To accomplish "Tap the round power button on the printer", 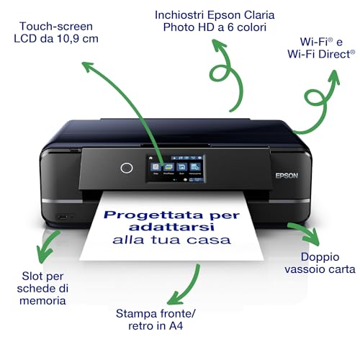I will [127, 168].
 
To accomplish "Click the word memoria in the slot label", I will [44, 300].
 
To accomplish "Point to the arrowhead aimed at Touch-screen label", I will [89, 67].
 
